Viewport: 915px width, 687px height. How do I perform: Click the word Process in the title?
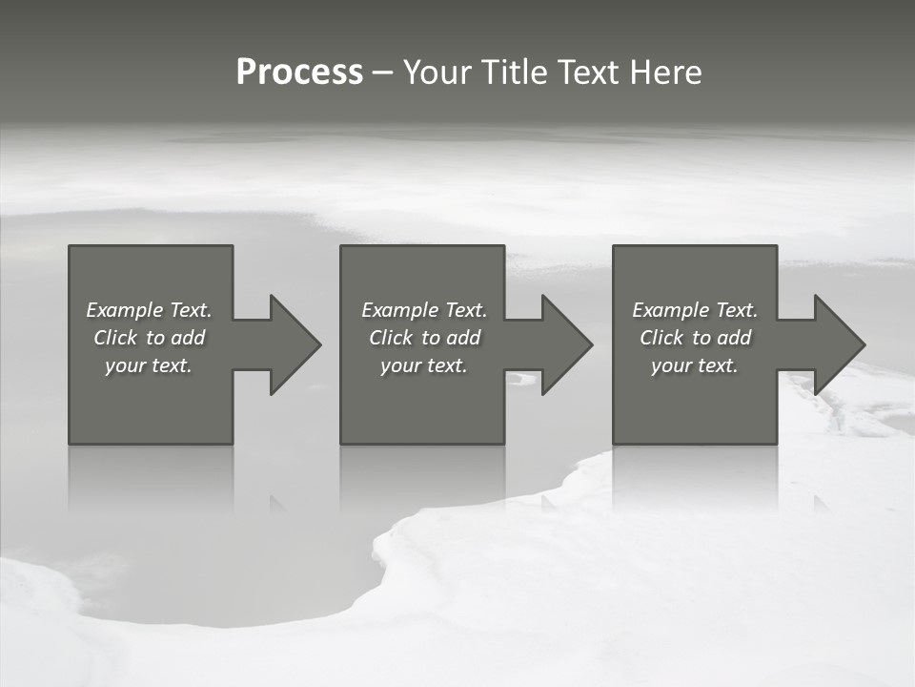tap(299, 73)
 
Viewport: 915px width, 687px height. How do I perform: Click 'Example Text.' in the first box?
tap(149, 310)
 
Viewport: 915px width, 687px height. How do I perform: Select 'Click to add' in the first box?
tap(149, 338)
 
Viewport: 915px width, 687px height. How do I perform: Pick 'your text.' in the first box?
tap(149, 365)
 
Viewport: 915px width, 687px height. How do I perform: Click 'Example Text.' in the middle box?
tap(424, 310)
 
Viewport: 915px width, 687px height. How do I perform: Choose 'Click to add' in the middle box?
tap(424, 338)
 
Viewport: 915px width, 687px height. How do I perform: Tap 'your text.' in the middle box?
tap(424, 365)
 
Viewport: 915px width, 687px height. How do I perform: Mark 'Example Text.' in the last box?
tap(695, 310)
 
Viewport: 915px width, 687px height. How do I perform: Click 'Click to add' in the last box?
tap(695, 338)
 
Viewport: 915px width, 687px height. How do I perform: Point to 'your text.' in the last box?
tap(695, 365)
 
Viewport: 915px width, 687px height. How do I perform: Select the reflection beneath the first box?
tap(151, 477)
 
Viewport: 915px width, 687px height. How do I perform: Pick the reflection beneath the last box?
tap(695, 477)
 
